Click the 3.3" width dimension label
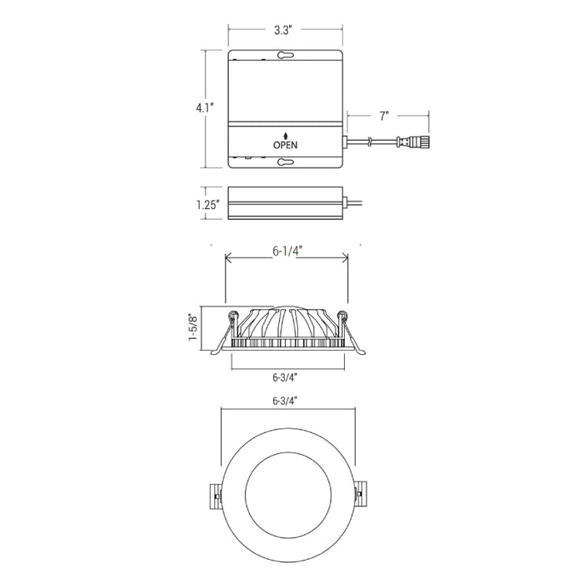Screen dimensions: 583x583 pyautogui.click(x=283, y=30)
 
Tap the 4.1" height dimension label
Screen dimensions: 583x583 pyautogui.click(x=205, y=107)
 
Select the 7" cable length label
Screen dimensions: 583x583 pyautogui.click(x=384, y=116)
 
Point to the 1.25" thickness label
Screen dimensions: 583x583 pyautogui.click(x=208, y=204)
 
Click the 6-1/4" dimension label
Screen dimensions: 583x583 pyautogui.click(x=287, y=252)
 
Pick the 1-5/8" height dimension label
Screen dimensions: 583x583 pyautogui.click(x=193, y=326)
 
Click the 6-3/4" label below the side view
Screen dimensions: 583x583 pyautogui.click(x=285, y=377)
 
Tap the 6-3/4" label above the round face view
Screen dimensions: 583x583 pyautogui.click(x=285, y=401)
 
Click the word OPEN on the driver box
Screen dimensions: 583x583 pyautogui.click(x=285, y=145)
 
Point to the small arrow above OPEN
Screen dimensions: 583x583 pyautogui.click(x=286, y=135)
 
